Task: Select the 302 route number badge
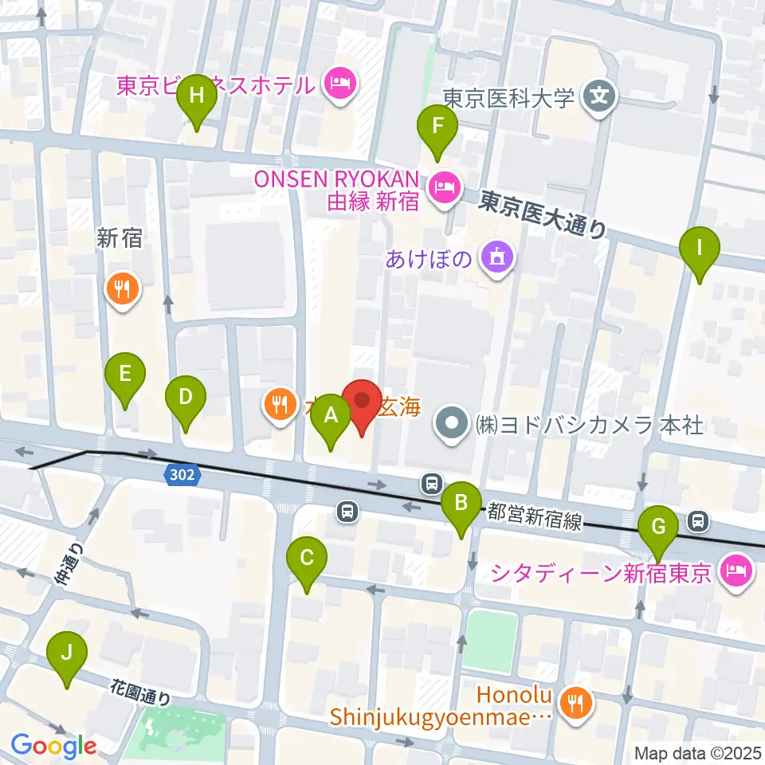pyautogui.click(x=179, y=474)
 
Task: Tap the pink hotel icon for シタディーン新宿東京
pyautogui.click(x=735, y=571)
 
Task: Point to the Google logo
pyautogui.click(x=53, y=746)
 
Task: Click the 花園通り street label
pyautogui.click(x=141, y=690)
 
